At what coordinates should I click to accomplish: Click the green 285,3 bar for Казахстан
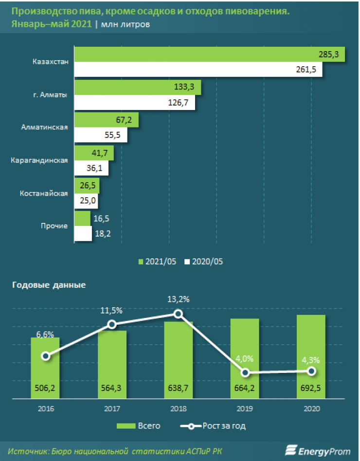click(209, 55)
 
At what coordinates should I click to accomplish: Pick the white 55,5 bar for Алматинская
click(101, 135)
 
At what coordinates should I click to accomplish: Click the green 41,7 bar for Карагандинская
click(94, 153)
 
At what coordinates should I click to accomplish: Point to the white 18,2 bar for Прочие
click(83, 234)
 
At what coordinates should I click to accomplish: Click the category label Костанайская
click(43, 194)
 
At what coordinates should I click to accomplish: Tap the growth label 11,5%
click(112, 310)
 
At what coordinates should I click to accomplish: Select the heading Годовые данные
click(49, 285)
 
